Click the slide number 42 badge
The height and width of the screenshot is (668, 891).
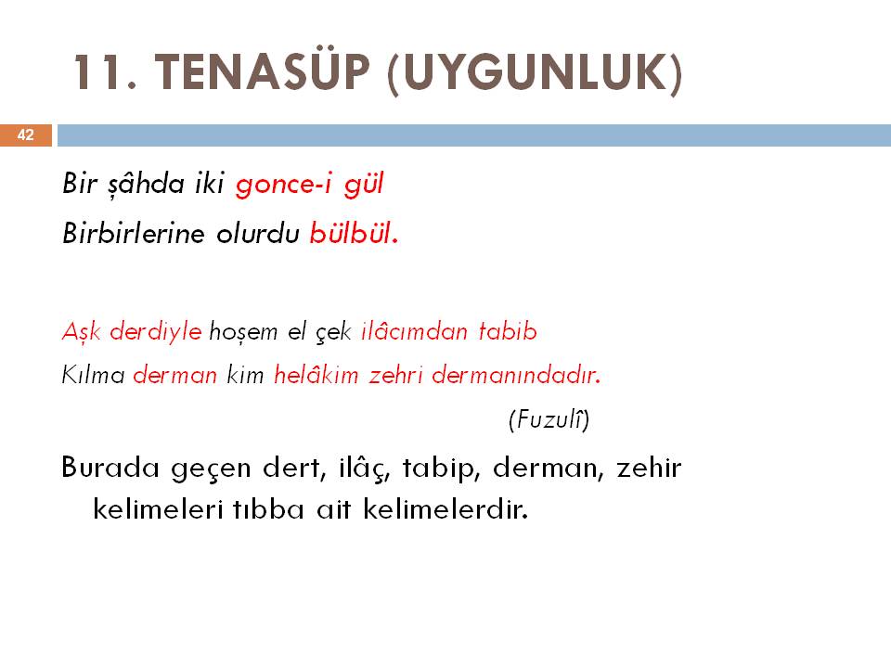tap(26, 135)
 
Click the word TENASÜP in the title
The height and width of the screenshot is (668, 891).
tap(262, 71)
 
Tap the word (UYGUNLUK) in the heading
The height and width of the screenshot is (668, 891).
tap(535, 74)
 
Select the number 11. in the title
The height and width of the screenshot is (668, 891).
tap(106, 72)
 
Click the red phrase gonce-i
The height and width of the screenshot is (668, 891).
tap(283, 185)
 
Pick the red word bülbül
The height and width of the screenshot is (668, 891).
tap(354, 232)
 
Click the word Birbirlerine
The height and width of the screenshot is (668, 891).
tap(133, 233)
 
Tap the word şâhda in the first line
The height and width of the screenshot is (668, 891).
tap(146, 184)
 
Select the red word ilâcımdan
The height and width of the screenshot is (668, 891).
tap(414, 331)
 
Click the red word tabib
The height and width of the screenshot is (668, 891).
tap(508, 331)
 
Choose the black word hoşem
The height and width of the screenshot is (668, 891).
tap(243, 332)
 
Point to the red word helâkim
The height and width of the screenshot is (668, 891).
tap(316, 375)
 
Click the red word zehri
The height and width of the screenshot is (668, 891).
tap(395, 375)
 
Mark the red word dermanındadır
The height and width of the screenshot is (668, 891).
tap(516, 375)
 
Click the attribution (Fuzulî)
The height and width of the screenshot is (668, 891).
tap(549, 419)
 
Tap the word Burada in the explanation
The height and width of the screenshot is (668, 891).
tap(110, 468)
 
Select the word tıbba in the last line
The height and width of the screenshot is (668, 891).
tap(268, 507)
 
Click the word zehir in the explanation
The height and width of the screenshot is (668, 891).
tap(649, 468)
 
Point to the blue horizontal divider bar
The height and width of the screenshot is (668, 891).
tap(474, 135)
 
